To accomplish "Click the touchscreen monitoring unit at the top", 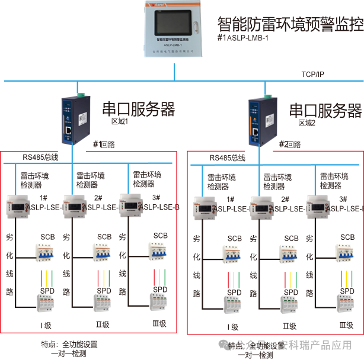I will coord(174,30).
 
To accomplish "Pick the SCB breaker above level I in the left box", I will coord(47,252).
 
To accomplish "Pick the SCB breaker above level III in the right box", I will coord(347,253).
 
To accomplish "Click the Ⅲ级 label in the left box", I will coord(159,323).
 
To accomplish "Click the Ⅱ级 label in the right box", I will coord(289,325).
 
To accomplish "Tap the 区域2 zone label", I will coord(306,123).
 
